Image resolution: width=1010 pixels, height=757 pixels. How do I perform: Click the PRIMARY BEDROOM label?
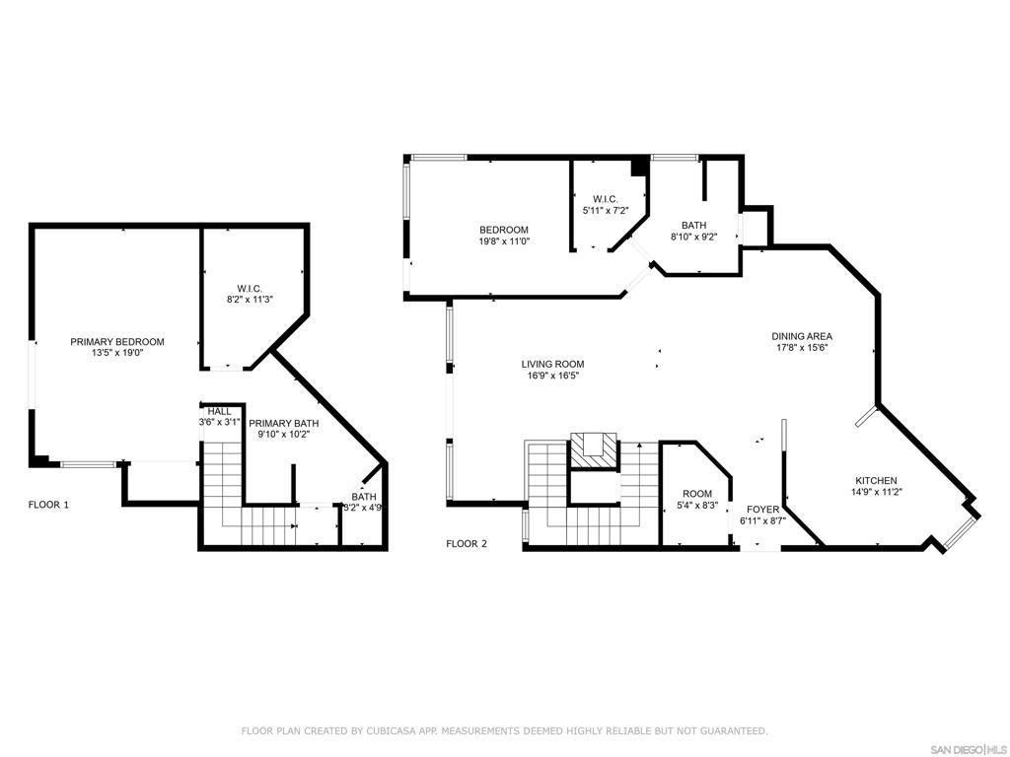pos(117,342)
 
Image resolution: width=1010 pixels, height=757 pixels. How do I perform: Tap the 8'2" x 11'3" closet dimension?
pos(250,300)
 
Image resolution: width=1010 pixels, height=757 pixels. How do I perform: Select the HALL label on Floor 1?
pos(220,411)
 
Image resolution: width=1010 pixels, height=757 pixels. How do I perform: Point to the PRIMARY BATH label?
pos(283,423)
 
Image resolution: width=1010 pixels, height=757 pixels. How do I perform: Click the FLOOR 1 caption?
pos(48,505)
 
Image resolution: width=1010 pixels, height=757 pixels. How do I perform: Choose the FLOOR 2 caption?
pos(467,544)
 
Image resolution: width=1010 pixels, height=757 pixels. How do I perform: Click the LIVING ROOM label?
pos(552,365)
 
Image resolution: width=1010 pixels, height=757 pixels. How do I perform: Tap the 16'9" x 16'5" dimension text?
pos(552,376)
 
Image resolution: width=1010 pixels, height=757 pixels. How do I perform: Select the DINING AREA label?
pos(802,336)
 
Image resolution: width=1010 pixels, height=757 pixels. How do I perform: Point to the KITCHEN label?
pos(876,481)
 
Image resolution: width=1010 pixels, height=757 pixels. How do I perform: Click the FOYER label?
pos(762,510)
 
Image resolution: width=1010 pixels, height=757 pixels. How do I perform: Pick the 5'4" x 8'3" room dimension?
pos(697,506)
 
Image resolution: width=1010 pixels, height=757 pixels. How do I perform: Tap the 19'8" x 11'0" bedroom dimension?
pos(504,241)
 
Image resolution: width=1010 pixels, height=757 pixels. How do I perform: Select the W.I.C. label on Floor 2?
pos(605,199)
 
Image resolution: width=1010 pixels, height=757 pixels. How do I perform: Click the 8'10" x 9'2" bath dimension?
pos(693,237)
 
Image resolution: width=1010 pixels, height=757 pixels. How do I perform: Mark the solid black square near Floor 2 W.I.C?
pos(639,166)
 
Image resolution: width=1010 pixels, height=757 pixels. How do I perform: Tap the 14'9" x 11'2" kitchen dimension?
pos(876,493)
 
